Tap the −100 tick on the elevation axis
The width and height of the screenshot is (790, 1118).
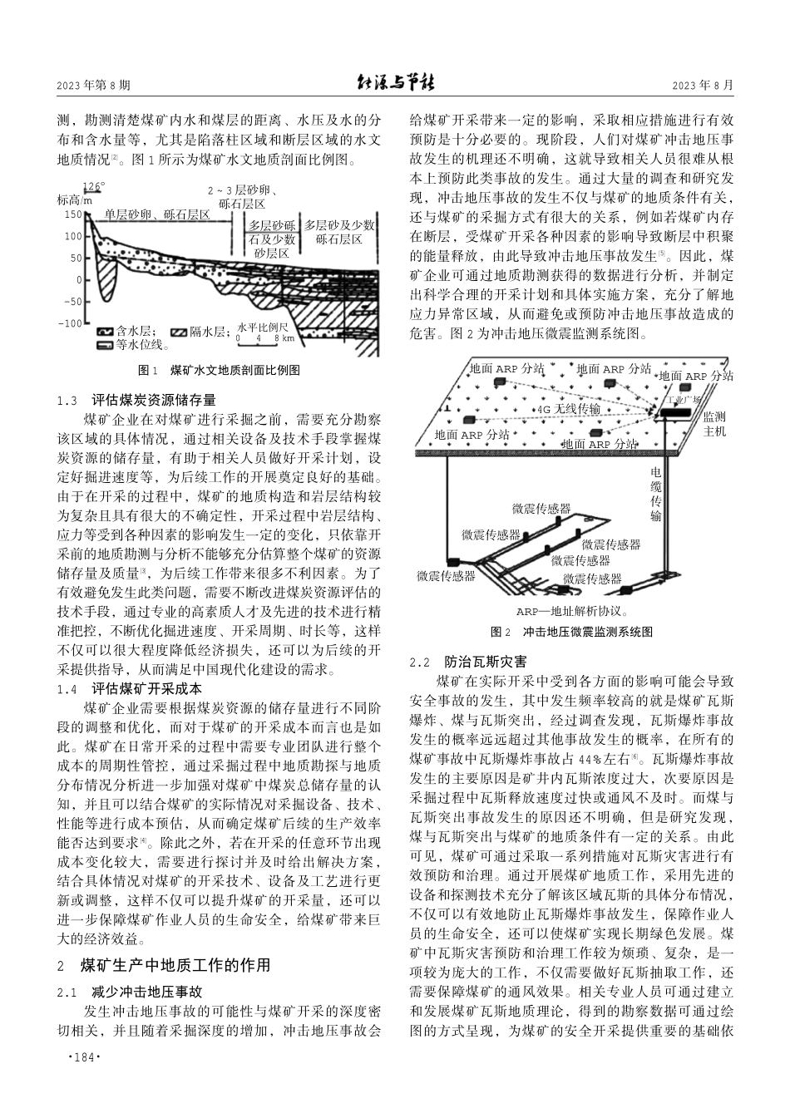[x=74, y=323]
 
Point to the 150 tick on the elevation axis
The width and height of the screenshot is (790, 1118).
[x=74, y=214]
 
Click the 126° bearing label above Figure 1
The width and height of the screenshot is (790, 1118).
[x=94, y=187]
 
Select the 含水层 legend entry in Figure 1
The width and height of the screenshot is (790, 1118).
[x=122, y=331]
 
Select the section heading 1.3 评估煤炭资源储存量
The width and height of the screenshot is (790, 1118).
[x=137, y=400]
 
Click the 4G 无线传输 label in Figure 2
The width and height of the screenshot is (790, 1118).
[x=568, y=409]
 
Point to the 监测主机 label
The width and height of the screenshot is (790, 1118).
[x=714, y=424]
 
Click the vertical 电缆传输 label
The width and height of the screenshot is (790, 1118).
[x=656, y=493]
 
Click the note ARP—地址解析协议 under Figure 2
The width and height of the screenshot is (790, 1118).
[x=570, y=611]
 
